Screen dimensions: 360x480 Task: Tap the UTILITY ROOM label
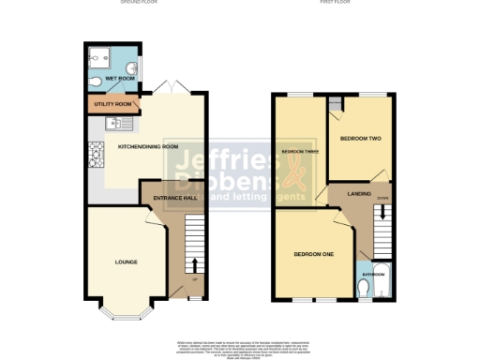pyautogui.click(x=109, y=104)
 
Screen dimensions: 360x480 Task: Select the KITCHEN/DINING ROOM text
pyautogui.click(x=147, y=147)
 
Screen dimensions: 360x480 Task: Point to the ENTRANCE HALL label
pyautogui.click(x=169, y=198)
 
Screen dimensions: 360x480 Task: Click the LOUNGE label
pyautogui.click(x=126, y=262)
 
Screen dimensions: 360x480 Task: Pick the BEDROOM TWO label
pyautogui.click(x=360, y=139)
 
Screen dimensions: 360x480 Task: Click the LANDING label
pyautogui.click(x=359, y=194)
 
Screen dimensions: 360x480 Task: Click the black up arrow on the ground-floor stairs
pyautogui.click(x=194, y=263)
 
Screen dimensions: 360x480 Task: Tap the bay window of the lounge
pyautogui.click(x=126, y=314)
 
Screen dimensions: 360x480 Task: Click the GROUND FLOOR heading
pyautogui.click(x=139, y=4)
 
